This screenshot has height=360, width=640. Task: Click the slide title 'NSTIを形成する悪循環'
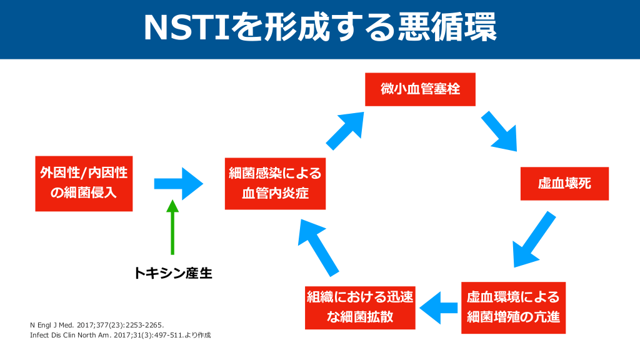320,27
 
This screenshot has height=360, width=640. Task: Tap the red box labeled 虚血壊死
564,183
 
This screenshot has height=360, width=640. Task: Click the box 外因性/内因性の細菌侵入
84,182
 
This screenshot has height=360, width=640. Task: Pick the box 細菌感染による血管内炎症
276,182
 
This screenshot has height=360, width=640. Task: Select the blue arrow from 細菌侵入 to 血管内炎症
179,182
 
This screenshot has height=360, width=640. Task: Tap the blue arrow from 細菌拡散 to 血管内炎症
318,246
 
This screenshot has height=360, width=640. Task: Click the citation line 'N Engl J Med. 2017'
97,325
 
